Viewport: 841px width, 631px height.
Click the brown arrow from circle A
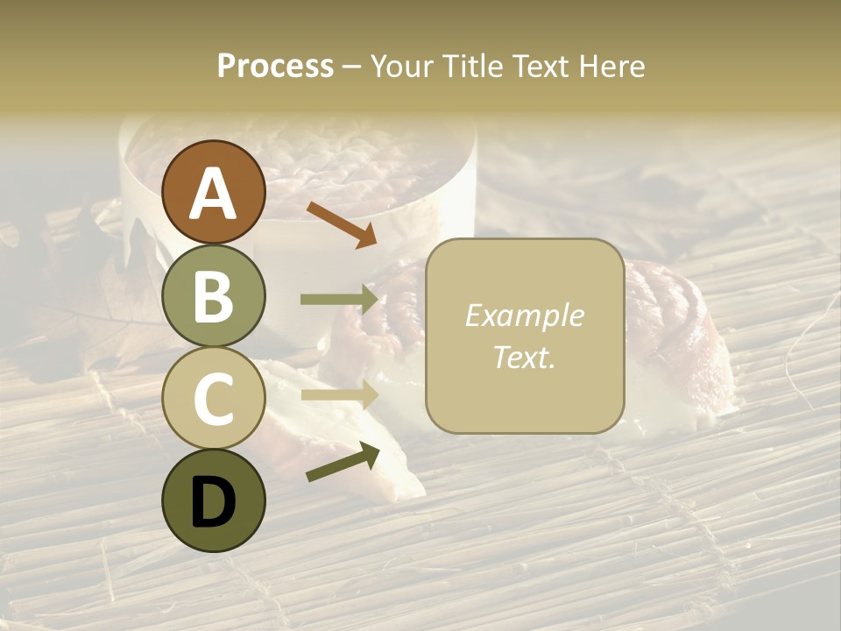coord(342,223)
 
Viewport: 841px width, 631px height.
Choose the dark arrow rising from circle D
coord(343,463)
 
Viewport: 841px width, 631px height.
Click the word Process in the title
coord(275,66)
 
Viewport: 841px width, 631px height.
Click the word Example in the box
coord(524,315)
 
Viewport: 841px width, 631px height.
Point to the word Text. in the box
coord(524,357)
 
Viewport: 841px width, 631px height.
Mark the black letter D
coord(213,502)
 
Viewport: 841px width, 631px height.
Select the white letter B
coord(213,296)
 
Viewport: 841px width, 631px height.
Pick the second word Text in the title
coord(538,66)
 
